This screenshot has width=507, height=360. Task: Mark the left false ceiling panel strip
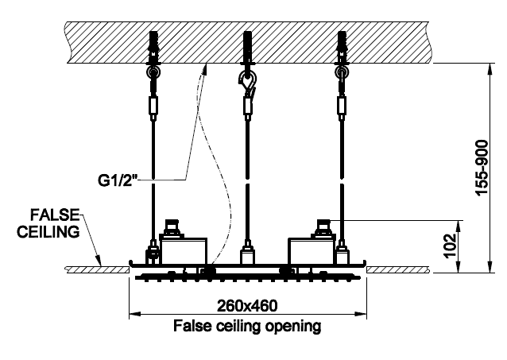tap(96, 270)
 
